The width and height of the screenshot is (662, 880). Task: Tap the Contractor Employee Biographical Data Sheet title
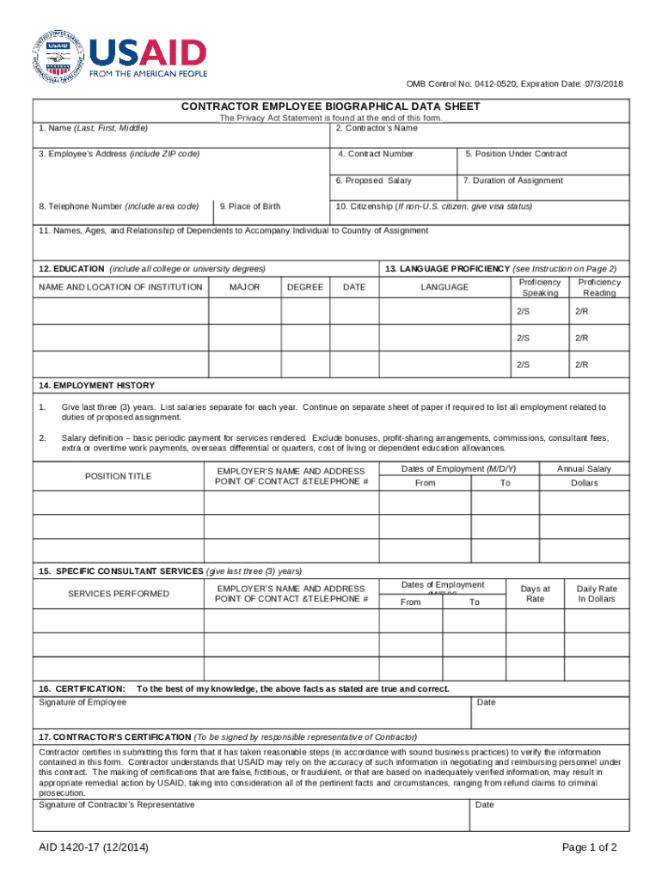330,107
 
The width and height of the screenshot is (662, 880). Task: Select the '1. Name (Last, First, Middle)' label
93,128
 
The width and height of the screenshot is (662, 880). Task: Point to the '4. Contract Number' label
376,154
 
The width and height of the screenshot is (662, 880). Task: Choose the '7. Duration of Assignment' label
513,180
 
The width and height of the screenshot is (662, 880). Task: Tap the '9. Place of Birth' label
249,206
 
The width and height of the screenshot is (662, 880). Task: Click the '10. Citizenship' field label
433,206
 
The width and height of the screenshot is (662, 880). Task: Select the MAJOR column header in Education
245,287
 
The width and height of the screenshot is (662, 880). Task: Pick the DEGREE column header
305,287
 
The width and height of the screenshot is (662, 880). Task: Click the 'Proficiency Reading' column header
599,288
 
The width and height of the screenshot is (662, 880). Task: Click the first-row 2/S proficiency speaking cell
524,312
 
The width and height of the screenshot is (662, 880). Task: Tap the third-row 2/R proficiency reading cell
582,365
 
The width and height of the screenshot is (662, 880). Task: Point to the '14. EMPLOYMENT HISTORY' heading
97,386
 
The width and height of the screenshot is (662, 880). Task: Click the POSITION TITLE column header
118,476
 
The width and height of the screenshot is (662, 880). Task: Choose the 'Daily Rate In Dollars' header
597,593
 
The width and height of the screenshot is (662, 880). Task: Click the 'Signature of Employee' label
83,702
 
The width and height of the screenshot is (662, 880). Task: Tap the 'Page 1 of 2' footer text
589,848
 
